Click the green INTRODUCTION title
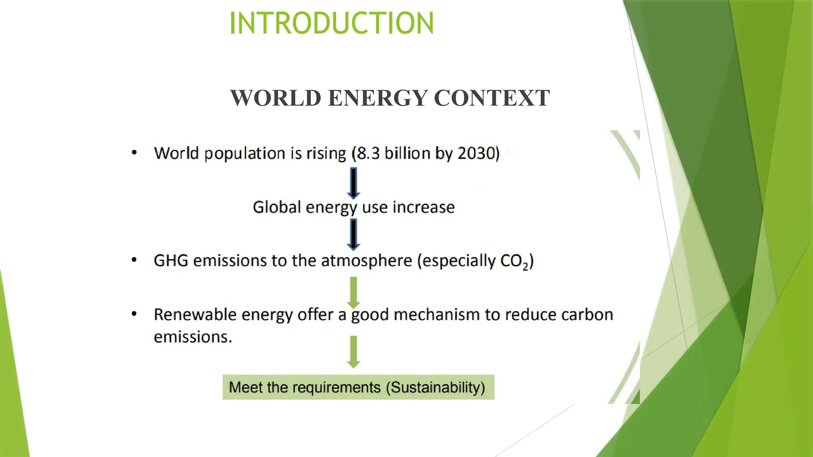tap(331, 23)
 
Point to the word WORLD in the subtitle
tap(275, 98)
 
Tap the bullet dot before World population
tap(134, 153)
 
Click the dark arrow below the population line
tap(353, 183)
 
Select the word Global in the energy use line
tap(277, 207)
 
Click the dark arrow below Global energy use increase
tap(353, 234)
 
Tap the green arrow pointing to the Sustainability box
tap(353, 351)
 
